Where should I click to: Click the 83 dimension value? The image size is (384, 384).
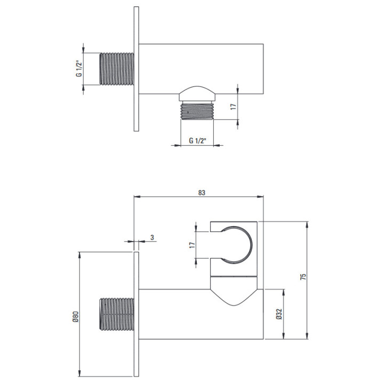click(x=202, y=193)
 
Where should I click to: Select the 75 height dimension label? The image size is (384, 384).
click(x=303, y=277)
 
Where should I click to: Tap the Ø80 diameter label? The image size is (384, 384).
click(x=76, y=317)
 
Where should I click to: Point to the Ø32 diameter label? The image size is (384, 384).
click(x=279, y=314)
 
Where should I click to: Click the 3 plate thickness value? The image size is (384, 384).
click(x=153, y=237)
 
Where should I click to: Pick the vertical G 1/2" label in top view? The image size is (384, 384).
click(x=79, y=68)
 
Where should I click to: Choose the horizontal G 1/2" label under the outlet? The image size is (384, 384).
click(x=198, y=141)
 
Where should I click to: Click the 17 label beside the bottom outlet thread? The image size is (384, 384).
click(x=234, y=107)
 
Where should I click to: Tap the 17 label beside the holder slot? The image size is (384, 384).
click(x=192, y=245)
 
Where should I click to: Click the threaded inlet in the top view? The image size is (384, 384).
click(x=117, y=69)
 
